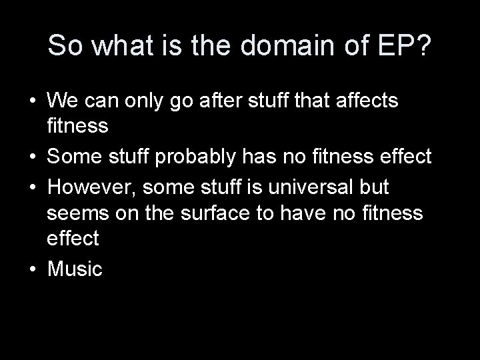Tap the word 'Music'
[x=75, y=269]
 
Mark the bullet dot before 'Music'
[x=32, y=270]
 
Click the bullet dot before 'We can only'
[x=32, y=102]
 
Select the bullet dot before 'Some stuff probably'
[x=32, y=158]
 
